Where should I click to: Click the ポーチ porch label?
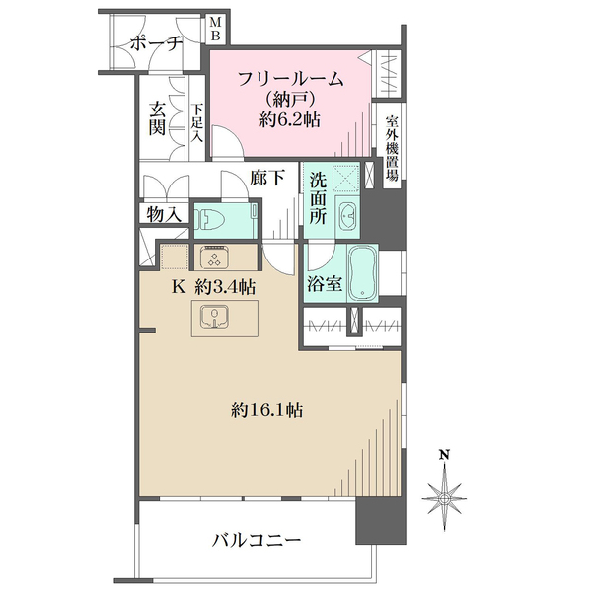(x=156, y=44)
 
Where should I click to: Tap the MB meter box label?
(x=215, y=29)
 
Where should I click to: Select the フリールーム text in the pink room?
(x=291, y=80)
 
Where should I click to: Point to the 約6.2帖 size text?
(x=290, y=120)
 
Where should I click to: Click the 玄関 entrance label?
(x=157, y=118)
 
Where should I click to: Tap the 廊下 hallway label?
(x=267, y=178)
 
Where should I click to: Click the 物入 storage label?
(x=164, y=214)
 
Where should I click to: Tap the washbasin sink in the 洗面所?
(x=347, y=216)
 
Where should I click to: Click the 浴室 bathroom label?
(x=325, y=284)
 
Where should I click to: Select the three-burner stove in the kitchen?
(x=214, y=258)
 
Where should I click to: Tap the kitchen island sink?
(x=214, y=317)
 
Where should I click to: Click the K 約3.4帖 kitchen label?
(x=214, y=288)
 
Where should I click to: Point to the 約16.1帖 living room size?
(x=267, y=410)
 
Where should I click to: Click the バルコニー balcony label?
(x=257, y=541)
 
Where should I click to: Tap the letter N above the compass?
(x=444, y=455)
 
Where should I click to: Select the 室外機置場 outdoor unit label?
(x=392, y=148)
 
